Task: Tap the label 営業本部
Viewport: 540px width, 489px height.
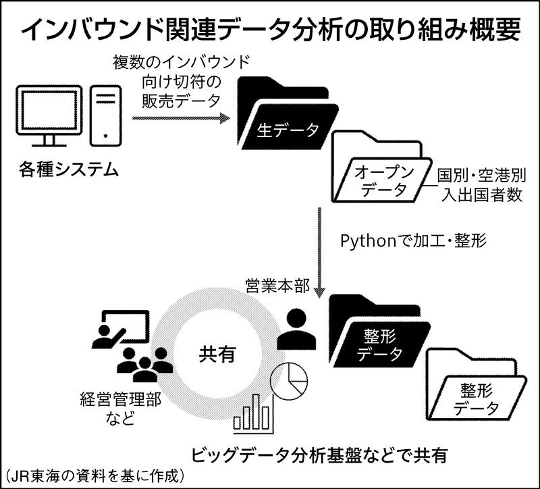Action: (x=278, y=286)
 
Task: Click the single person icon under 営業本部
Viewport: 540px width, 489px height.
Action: (x=296, y=328)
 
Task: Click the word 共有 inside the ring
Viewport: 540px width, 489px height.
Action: (x=217, y=353)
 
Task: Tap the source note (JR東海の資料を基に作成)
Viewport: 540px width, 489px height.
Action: (x=94, y=475)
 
